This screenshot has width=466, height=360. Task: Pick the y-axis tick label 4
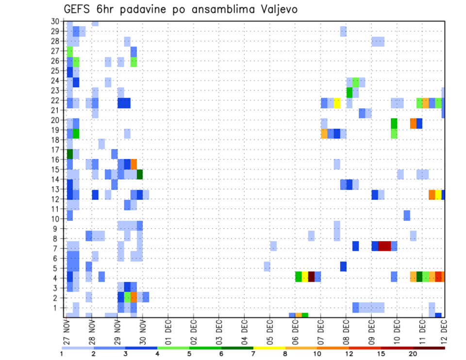(x=57, y=278)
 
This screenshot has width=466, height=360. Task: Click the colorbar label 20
(x=413, y=354)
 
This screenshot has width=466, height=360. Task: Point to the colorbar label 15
(x=381, y=354)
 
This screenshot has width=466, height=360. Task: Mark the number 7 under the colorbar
(x=253, y=354)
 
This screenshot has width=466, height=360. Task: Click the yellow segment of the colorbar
(x=269, y=348)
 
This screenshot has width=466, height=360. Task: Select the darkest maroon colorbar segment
(x=429, y=348)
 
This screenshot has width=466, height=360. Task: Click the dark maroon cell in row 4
(x=311, y=277)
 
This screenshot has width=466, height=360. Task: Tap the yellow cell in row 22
(x=337, y=103)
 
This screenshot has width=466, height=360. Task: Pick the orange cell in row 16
(x=133, y=164)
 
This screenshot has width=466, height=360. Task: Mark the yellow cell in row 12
(x=438, y=195)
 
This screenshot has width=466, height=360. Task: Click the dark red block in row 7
(x=384, y=246)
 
